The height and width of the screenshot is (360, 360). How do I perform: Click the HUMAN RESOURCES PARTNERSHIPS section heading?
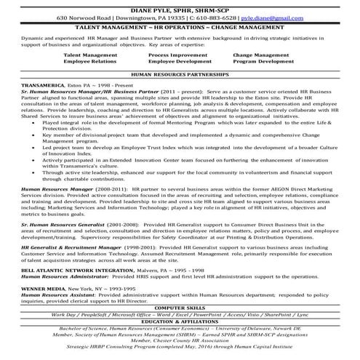click(x=180, y=75)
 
